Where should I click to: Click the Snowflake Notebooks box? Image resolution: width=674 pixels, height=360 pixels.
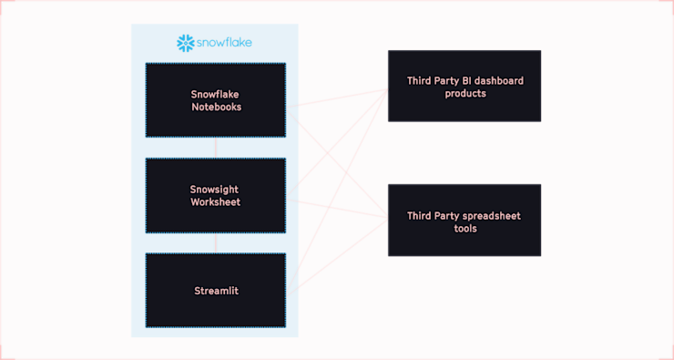tap(216, 100)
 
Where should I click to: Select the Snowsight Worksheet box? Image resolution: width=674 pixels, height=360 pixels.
tap(216, 195)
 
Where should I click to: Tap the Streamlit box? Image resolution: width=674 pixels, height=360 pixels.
tap(216, 291)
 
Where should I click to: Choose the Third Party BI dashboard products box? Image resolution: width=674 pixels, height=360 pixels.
tap(465, 86)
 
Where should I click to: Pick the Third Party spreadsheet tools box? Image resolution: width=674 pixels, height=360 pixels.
tap(465, 220)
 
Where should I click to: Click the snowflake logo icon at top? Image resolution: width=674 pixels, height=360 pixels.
tap(186, 42)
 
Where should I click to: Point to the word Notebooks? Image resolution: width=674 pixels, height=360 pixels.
tap(216, 107)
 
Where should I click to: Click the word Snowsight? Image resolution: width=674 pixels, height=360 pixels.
tap(216, 190)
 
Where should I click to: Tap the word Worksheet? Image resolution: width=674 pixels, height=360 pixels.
tap(216, 201)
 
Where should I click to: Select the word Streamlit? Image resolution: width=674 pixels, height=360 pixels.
tap(216, 291)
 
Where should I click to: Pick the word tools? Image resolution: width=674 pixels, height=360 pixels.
tap(465, 228)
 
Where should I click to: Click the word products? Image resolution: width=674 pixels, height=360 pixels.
tap(465, 93)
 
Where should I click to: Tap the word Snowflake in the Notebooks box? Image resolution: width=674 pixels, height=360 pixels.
tap(216, 94)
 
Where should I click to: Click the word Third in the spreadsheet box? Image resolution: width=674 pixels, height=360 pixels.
tap(420, 216)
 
